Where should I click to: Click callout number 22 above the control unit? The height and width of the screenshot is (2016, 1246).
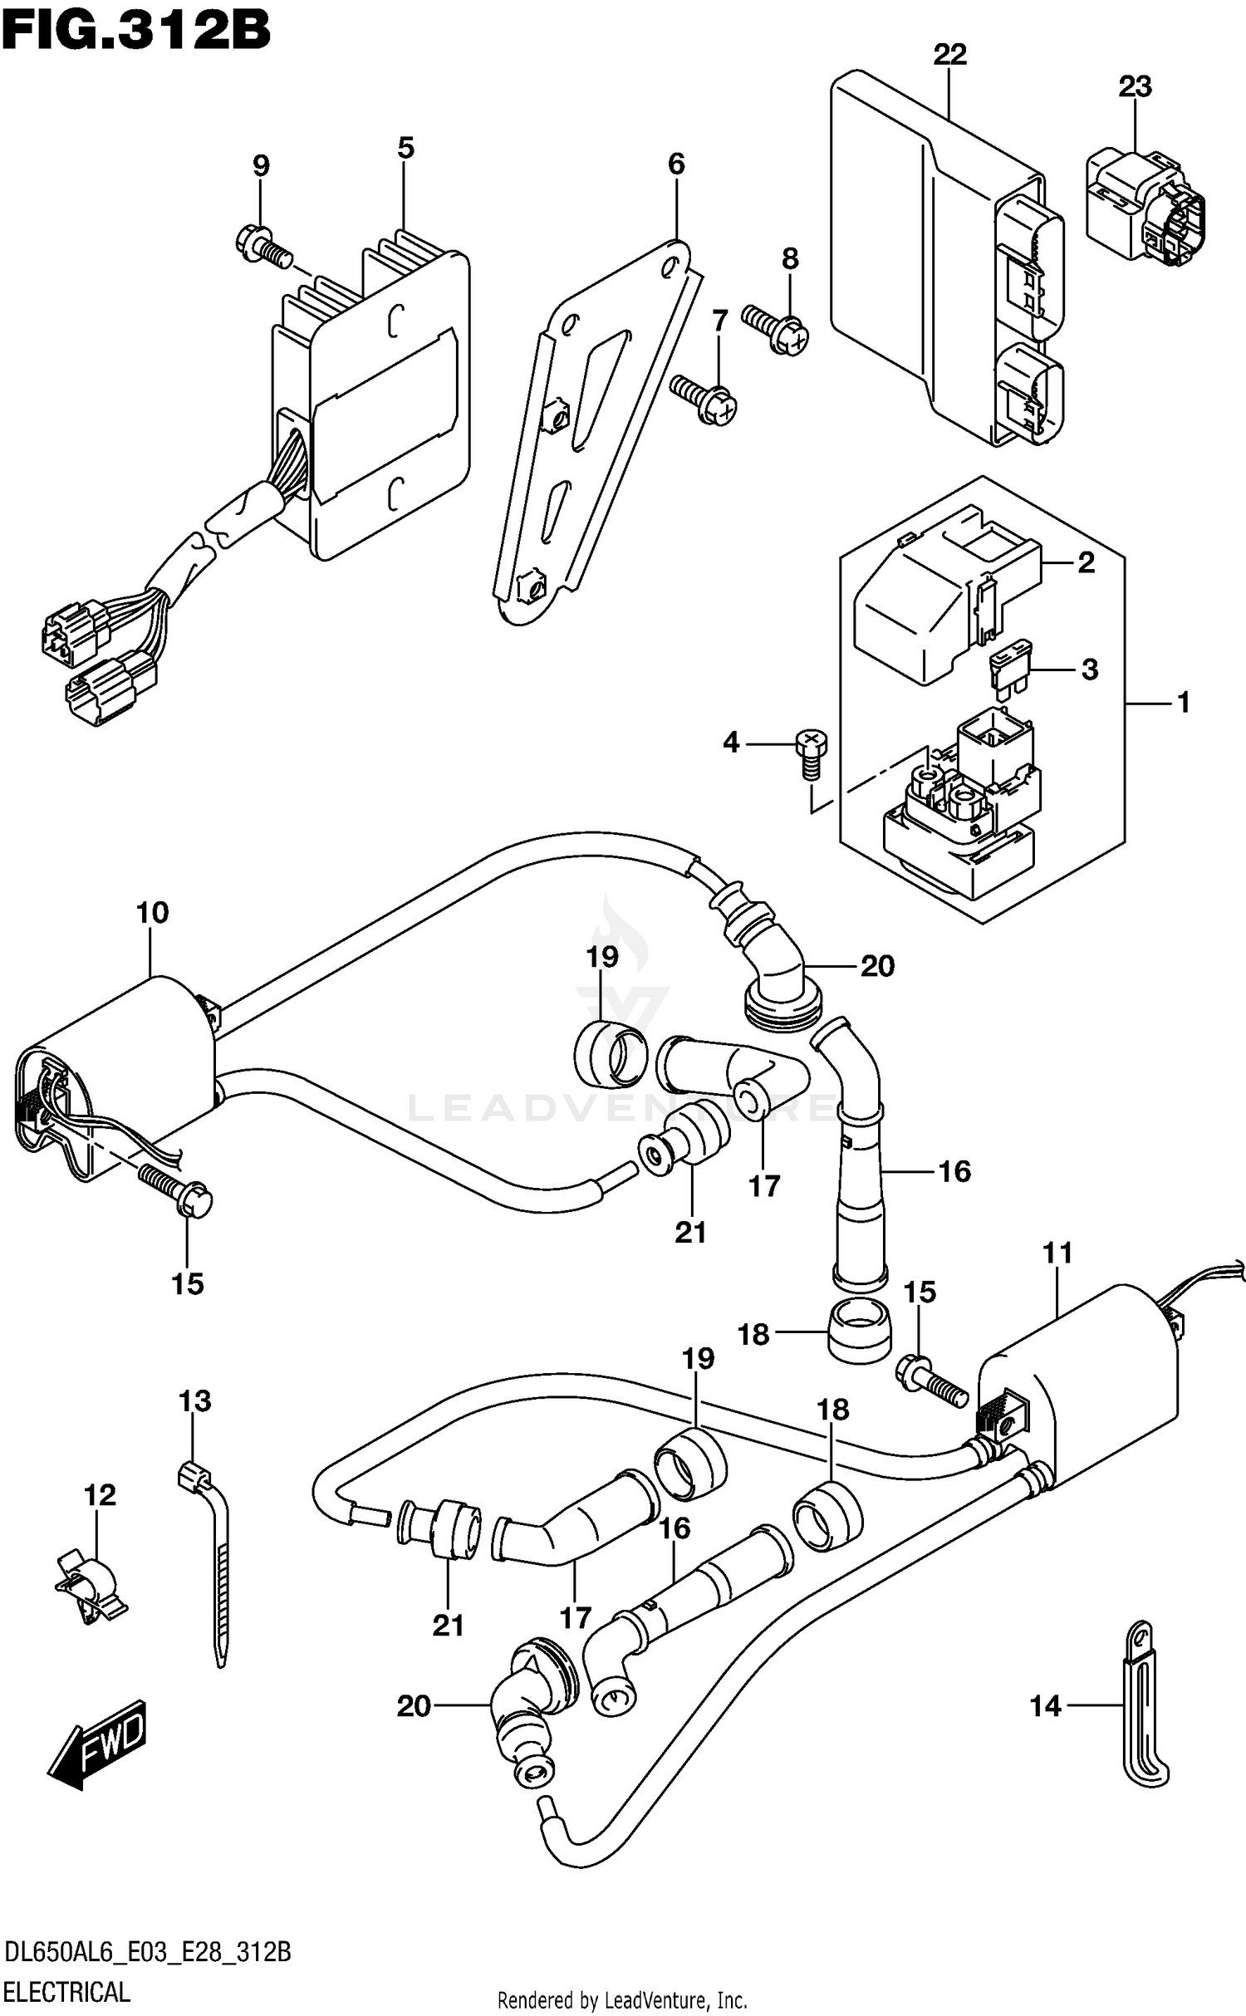pyautogui.click(x=949, y=55)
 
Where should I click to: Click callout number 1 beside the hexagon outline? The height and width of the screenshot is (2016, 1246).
pyautogui.click(x=1183, y=703)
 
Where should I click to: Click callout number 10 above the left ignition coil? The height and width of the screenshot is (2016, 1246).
pyautogui.click(x=152, y=912)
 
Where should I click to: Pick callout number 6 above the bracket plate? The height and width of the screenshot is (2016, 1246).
pyautogui.click(x=676, y=164)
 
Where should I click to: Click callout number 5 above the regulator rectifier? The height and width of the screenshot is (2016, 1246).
pyautogui.click(x=405, y=149)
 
